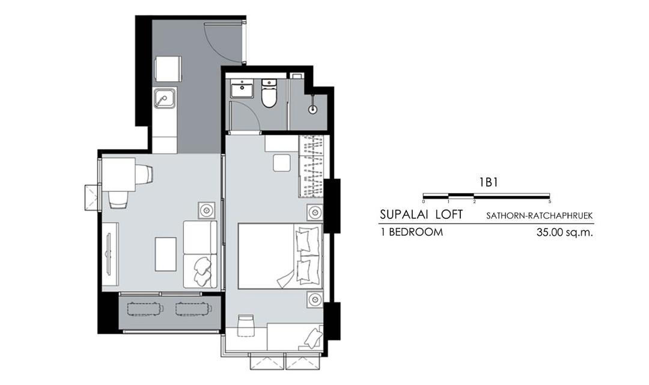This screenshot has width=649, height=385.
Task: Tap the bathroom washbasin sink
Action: [242, 88]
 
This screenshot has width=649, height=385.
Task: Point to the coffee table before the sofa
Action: [166, 254]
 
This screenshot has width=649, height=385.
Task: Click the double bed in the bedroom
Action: [280, 256]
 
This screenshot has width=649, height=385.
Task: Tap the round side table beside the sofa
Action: [207, 210]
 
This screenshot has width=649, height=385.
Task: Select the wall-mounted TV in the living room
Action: [108, 254]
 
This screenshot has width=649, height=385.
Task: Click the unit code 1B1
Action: [489, 182]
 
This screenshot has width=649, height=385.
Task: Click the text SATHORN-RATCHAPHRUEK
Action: [539, 216]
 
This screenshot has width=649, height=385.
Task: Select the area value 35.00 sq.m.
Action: [564, 232]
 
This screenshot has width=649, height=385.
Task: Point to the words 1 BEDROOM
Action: [412, 232]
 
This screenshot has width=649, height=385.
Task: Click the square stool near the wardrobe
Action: [281, 162]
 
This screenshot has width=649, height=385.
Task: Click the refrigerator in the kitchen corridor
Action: [168, 70]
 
